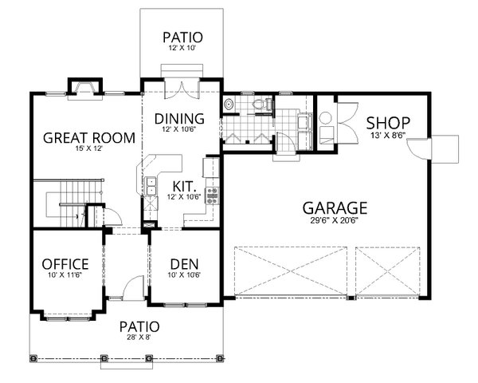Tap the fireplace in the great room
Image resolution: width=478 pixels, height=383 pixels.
(x=84, y=87)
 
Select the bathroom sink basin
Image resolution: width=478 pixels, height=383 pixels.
(x=229, y=103)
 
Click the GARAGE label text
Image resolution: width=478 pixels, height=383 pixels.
(x=335, y=208)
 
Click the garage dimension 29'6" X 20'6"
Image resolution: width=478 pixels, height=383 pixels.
(x=335, y=223)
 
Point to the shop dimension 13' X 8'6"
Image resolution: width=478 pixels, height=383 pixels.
(x=387, y=136)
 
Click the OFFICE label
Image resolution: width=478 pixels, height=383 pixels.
(x=65, y=264)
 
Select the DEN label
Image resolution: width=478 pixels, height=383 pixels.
(x=184, y=264)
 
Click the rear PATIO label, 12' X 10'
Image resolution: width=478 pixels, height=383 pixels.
(x=182, y=38)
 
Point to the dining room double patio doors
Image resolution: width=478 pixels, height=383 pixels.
(x=182, y=87)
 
